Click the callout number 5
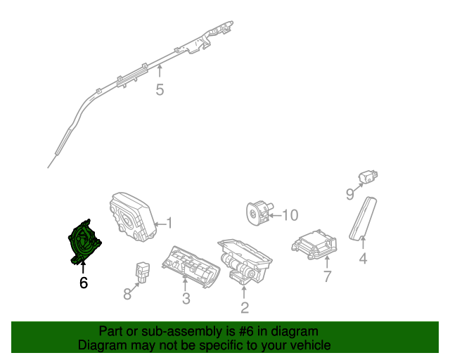coord(160,90)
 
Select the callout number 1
coord(169,224)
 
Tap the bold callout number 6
coord(84,283)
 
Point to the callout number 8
coord(127,294)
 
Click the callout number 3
coord(186,299)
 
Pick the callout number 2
coord(244,307)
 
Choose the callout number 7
coord(327,276)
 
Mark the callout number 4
coord(363,258)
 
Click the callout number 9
coord(349,195)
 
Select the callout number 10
coord(290,215)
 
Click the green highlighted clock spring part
coord(84,240)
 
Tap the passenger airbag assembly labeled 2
coord(243,260)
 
